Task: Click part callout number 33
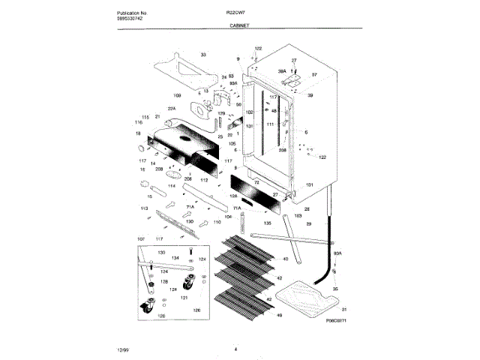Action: coord(202,55)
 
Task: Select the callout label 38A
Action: coord(283,70)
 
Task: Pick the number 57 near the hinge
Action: coord(315,75)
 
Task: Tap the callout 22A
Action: coord(171,109)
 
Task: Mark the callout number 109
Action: coord(178,96)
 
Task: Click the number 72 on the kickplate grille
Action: coord(256,183)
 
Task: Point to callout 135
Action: coord(268,223)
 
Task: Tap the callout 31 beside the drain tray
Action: coord(344,310)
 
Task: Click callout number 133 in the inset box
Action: coord(161,252)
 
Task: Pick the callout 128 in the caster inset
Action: coord(164,280)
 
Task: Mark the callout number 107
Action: coord(140,239)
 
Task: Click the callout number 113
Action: coord(143,207)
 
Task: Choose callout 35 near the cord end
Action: coord(334,289)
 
